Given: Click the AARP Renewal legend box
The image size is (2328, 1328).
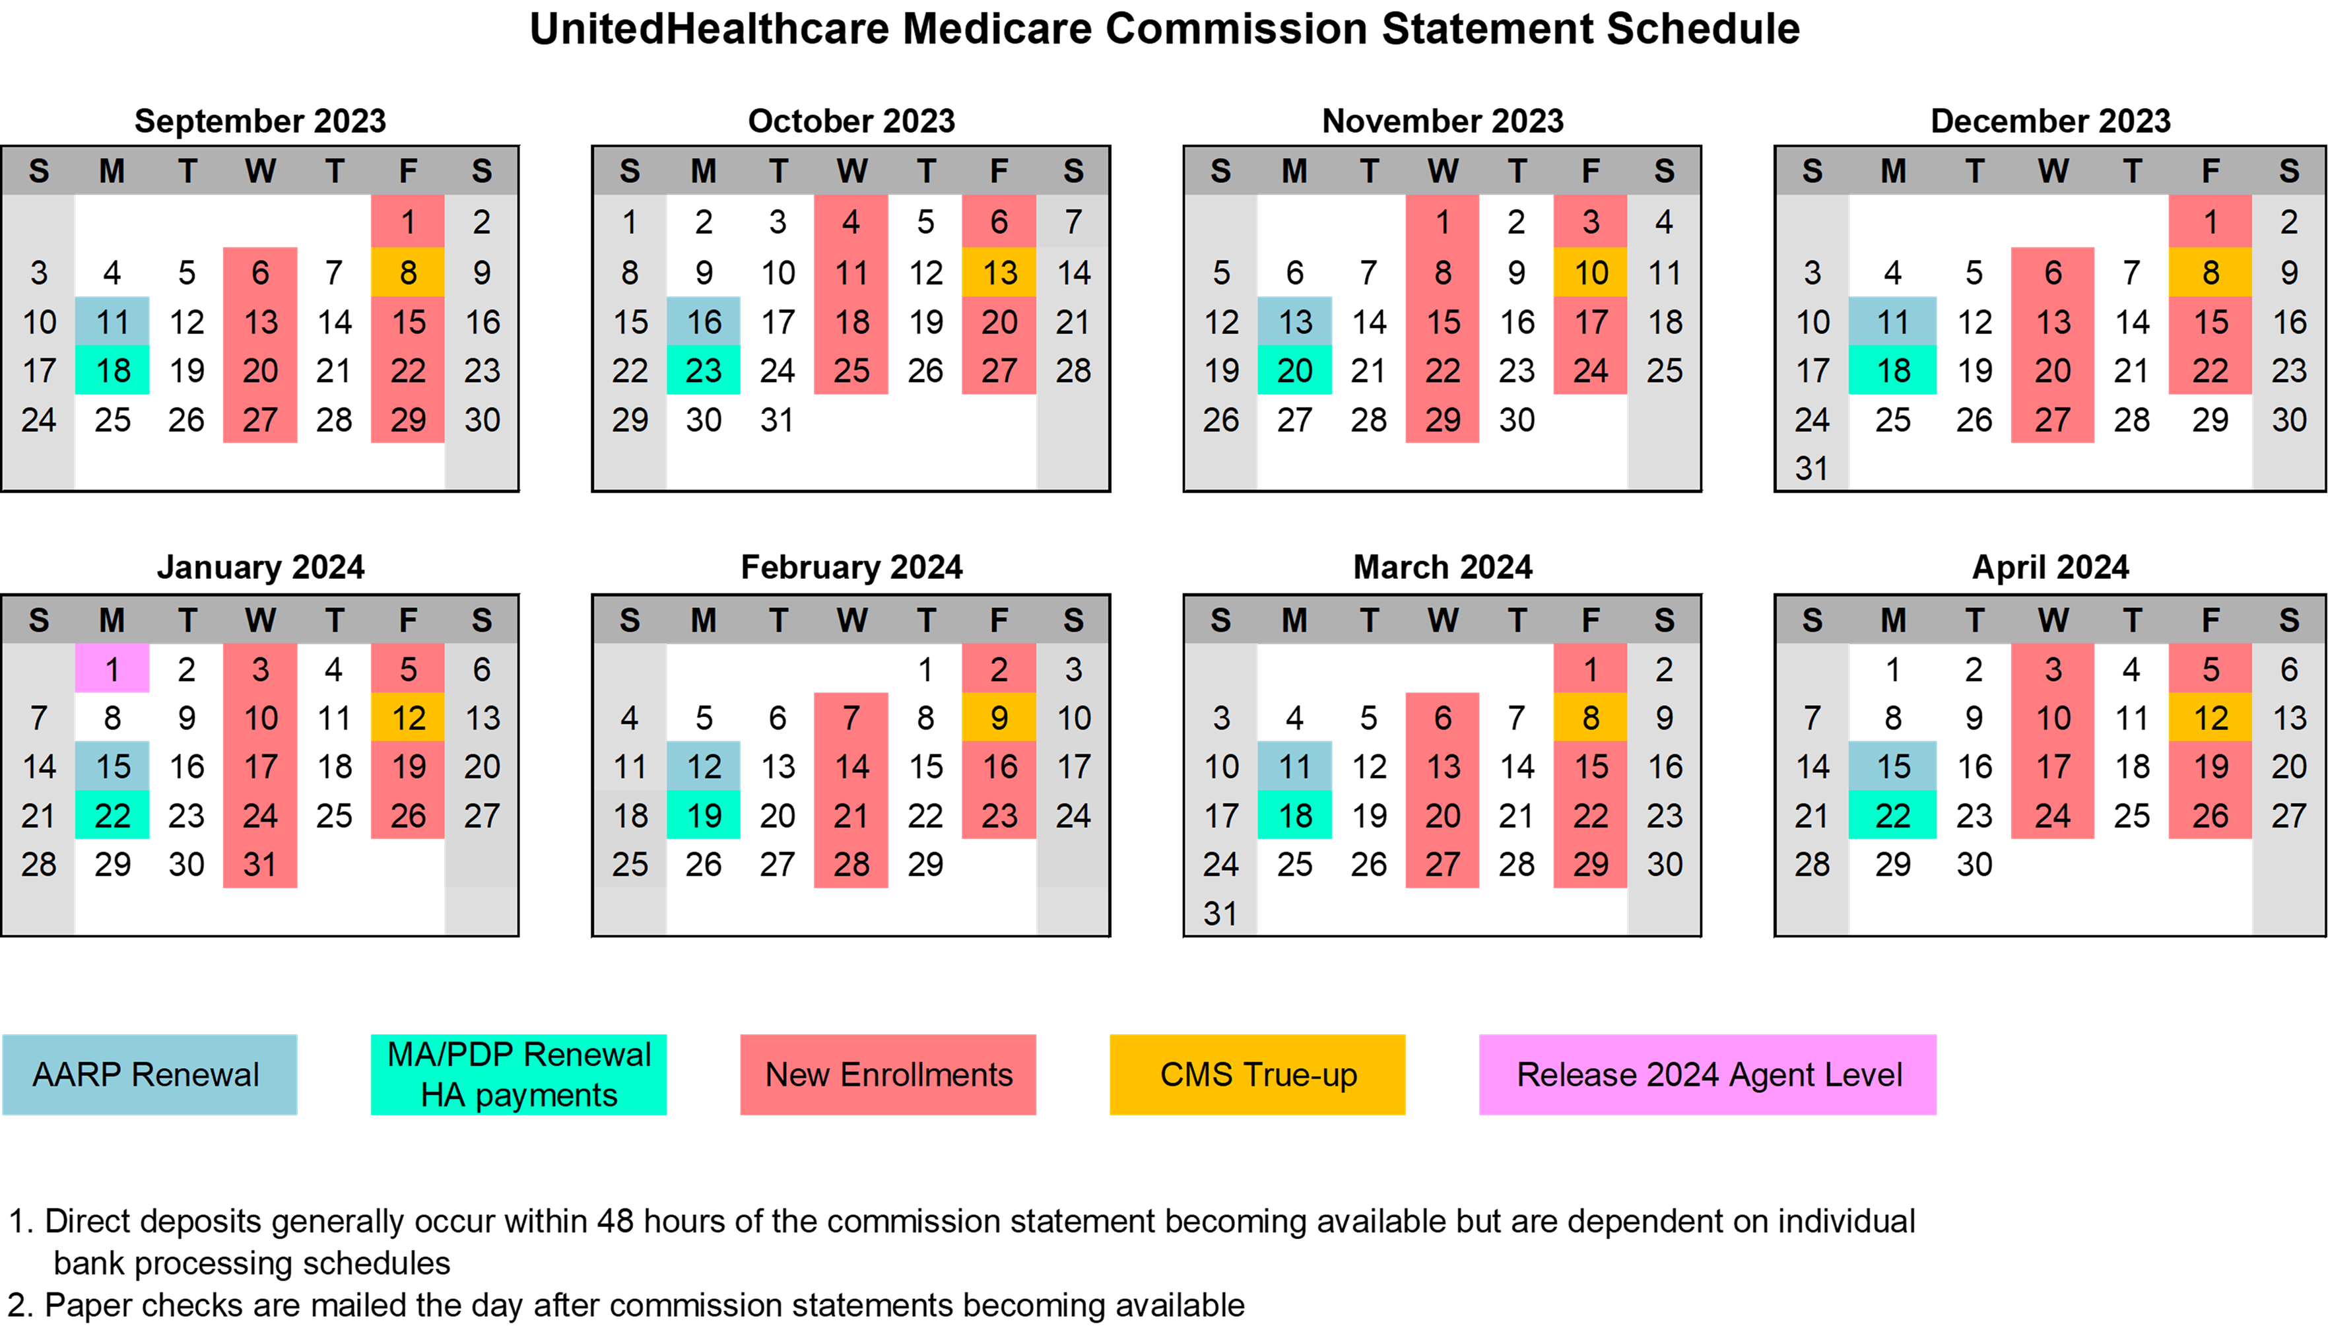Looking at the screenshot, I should pyautogui.click(x=150, y=1075).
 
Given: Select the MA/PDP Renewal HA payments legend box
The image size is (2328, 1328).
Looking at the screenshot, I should pyautogui.click(x=518, y=1075).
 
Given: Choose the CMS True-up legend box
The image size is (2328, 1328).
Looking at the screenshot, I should pyautogui.click(x=1257, y=1075).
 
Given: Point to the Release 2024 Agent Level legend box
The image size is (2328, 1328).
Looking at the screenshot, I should pyautogui.click(x=1707, y=1075).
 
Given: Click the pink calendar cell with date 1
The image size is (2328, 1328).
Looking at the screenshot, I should pyautogui.click(x=112, y=669).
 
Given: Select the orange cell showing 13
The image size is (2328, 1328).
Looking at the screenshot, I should pyautogui.click(x=999, y=273).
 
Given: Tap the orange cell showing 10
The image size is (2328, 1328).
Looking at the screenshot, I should pyautogui.click(x=1589, y=273).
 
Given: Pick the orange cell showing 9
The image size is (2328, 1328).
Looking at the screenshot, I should pyautogui.click(x=999, y=718).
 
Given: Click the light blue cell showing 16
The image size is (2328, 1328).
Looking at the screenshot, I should pyautogui.click(x=703, y=321).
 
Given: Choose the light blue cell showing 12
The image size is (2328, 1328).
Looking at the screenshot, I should pyautogui.click(x=703, y=766).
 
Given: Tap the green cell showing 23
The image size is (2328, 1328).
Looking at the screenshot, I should pyautogui.click(x=703, y=370).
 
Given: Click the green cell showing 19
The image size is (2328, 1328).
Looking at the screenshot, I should pyautogui.click(x=703, y=815).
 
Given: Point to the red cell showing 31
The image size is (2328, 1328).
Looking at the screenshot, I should pyautogui.click(x=260, y=864).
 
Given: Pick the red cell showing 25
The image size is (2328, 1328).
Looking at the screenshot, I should pyautogui.click(x=851, y=370).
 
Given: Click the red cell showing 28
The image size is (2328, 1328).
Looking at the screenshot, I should pyautogui.click(x=851, y=864).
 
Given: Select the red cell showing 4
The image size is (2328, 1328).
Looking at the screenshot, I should pyautogui.click(x=851, y=222).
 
